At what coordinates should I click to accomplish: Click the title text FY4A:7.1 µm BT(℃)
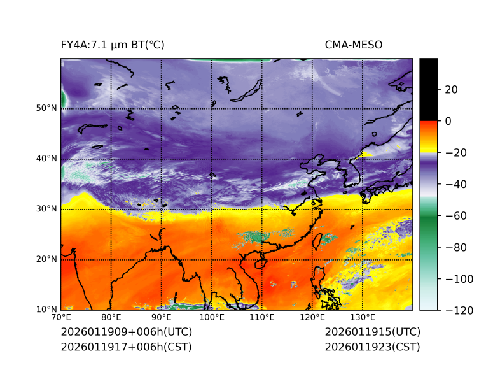pos(112,45)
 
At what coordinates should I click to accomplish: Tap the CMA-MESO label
pos(354,45)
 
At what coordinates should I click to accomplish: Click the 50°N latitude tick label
pos(46,108)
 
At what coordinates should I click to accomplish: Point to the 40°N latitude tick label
pos(46,159)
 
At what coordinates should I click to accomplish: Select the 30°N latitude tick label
pos(46,209)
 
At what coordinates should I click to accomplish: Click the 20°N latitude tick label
pos(46,259)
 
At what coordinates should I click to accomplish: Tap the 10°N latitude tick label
pos(46,310)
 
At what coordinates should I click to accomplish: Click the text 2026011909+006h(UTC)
pos(126,332)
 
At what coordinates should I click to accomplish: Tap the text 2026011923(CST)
pos(372,347)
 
